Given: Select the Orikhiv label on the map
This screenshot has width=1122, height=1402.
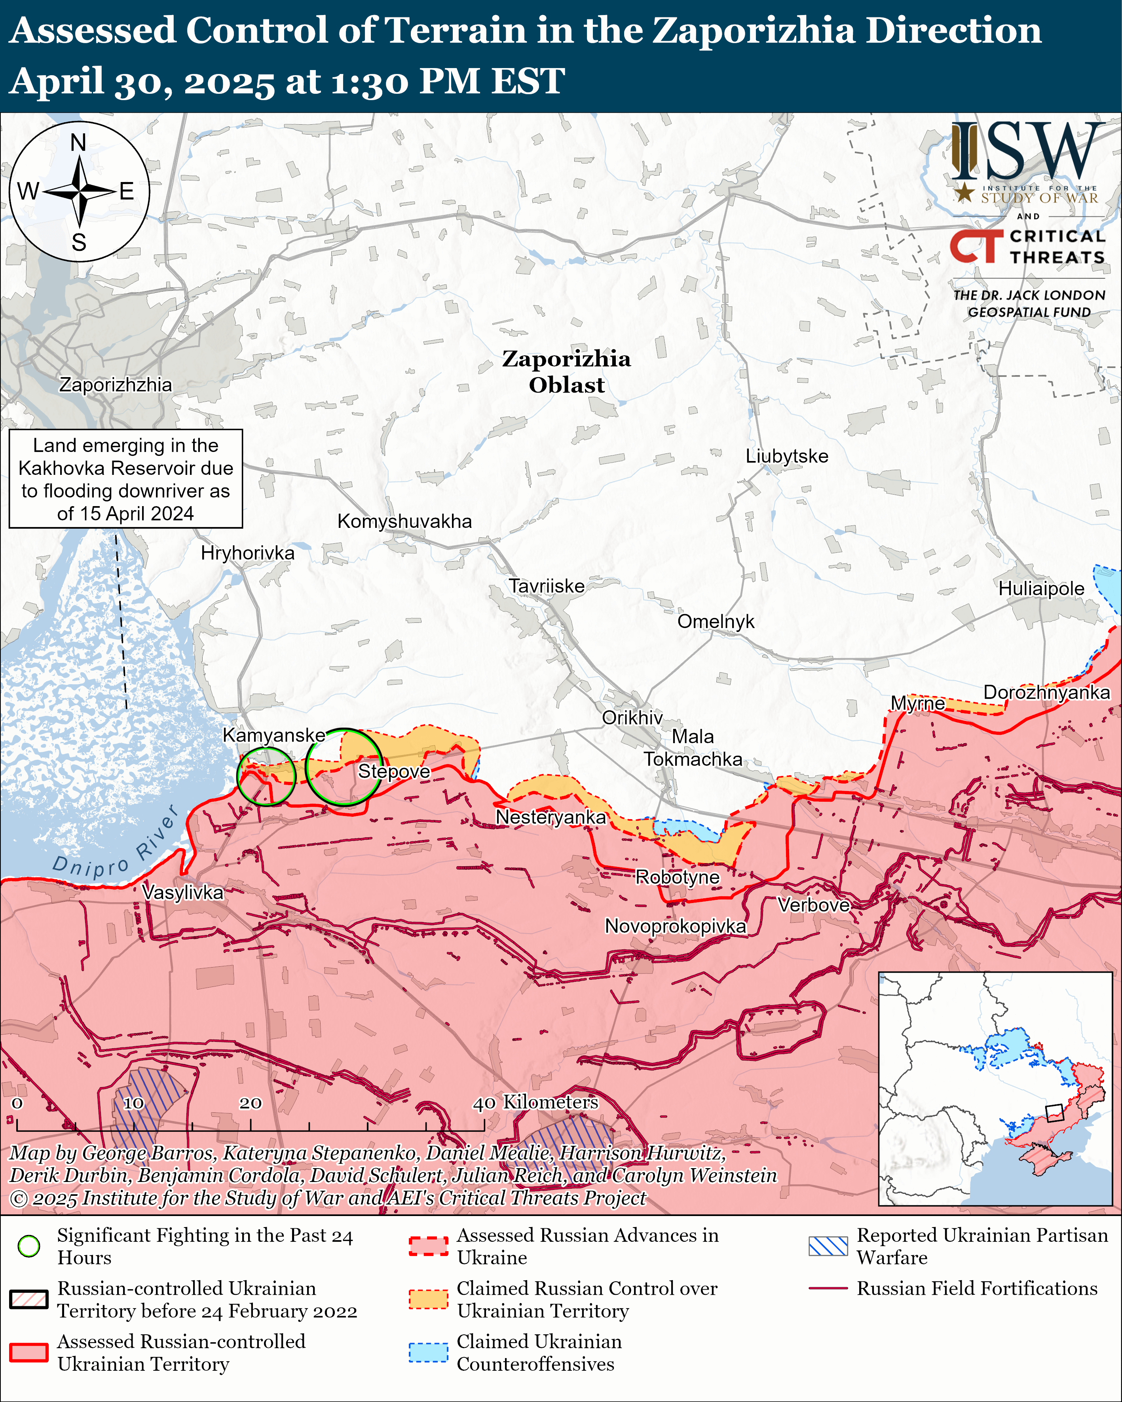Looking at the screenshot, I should [x=632, y=717].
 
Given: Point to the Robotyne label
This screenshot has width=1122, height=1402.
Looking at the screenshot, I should [x=677, y=877].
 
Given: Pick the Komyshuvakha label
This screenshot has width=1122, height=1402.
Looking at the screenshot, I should [x=404, y=522].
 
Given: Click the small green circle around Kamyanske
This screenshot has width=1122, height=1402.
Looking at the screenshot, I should [x=266, y=776].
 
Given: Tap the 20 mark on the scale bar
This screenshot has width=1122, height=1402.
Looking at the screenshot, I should [x=251, y=1104].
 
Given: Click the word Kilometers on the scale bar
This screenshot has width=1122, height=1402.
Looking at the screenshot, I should [x=550, y=1102].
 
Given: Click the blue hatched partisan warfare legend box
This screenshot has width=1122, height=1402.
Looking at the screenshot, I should [x=828, y=1246].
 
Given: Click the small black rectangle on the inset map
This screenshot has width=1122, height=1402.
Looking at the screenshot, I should [x=1054, y=1113].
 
